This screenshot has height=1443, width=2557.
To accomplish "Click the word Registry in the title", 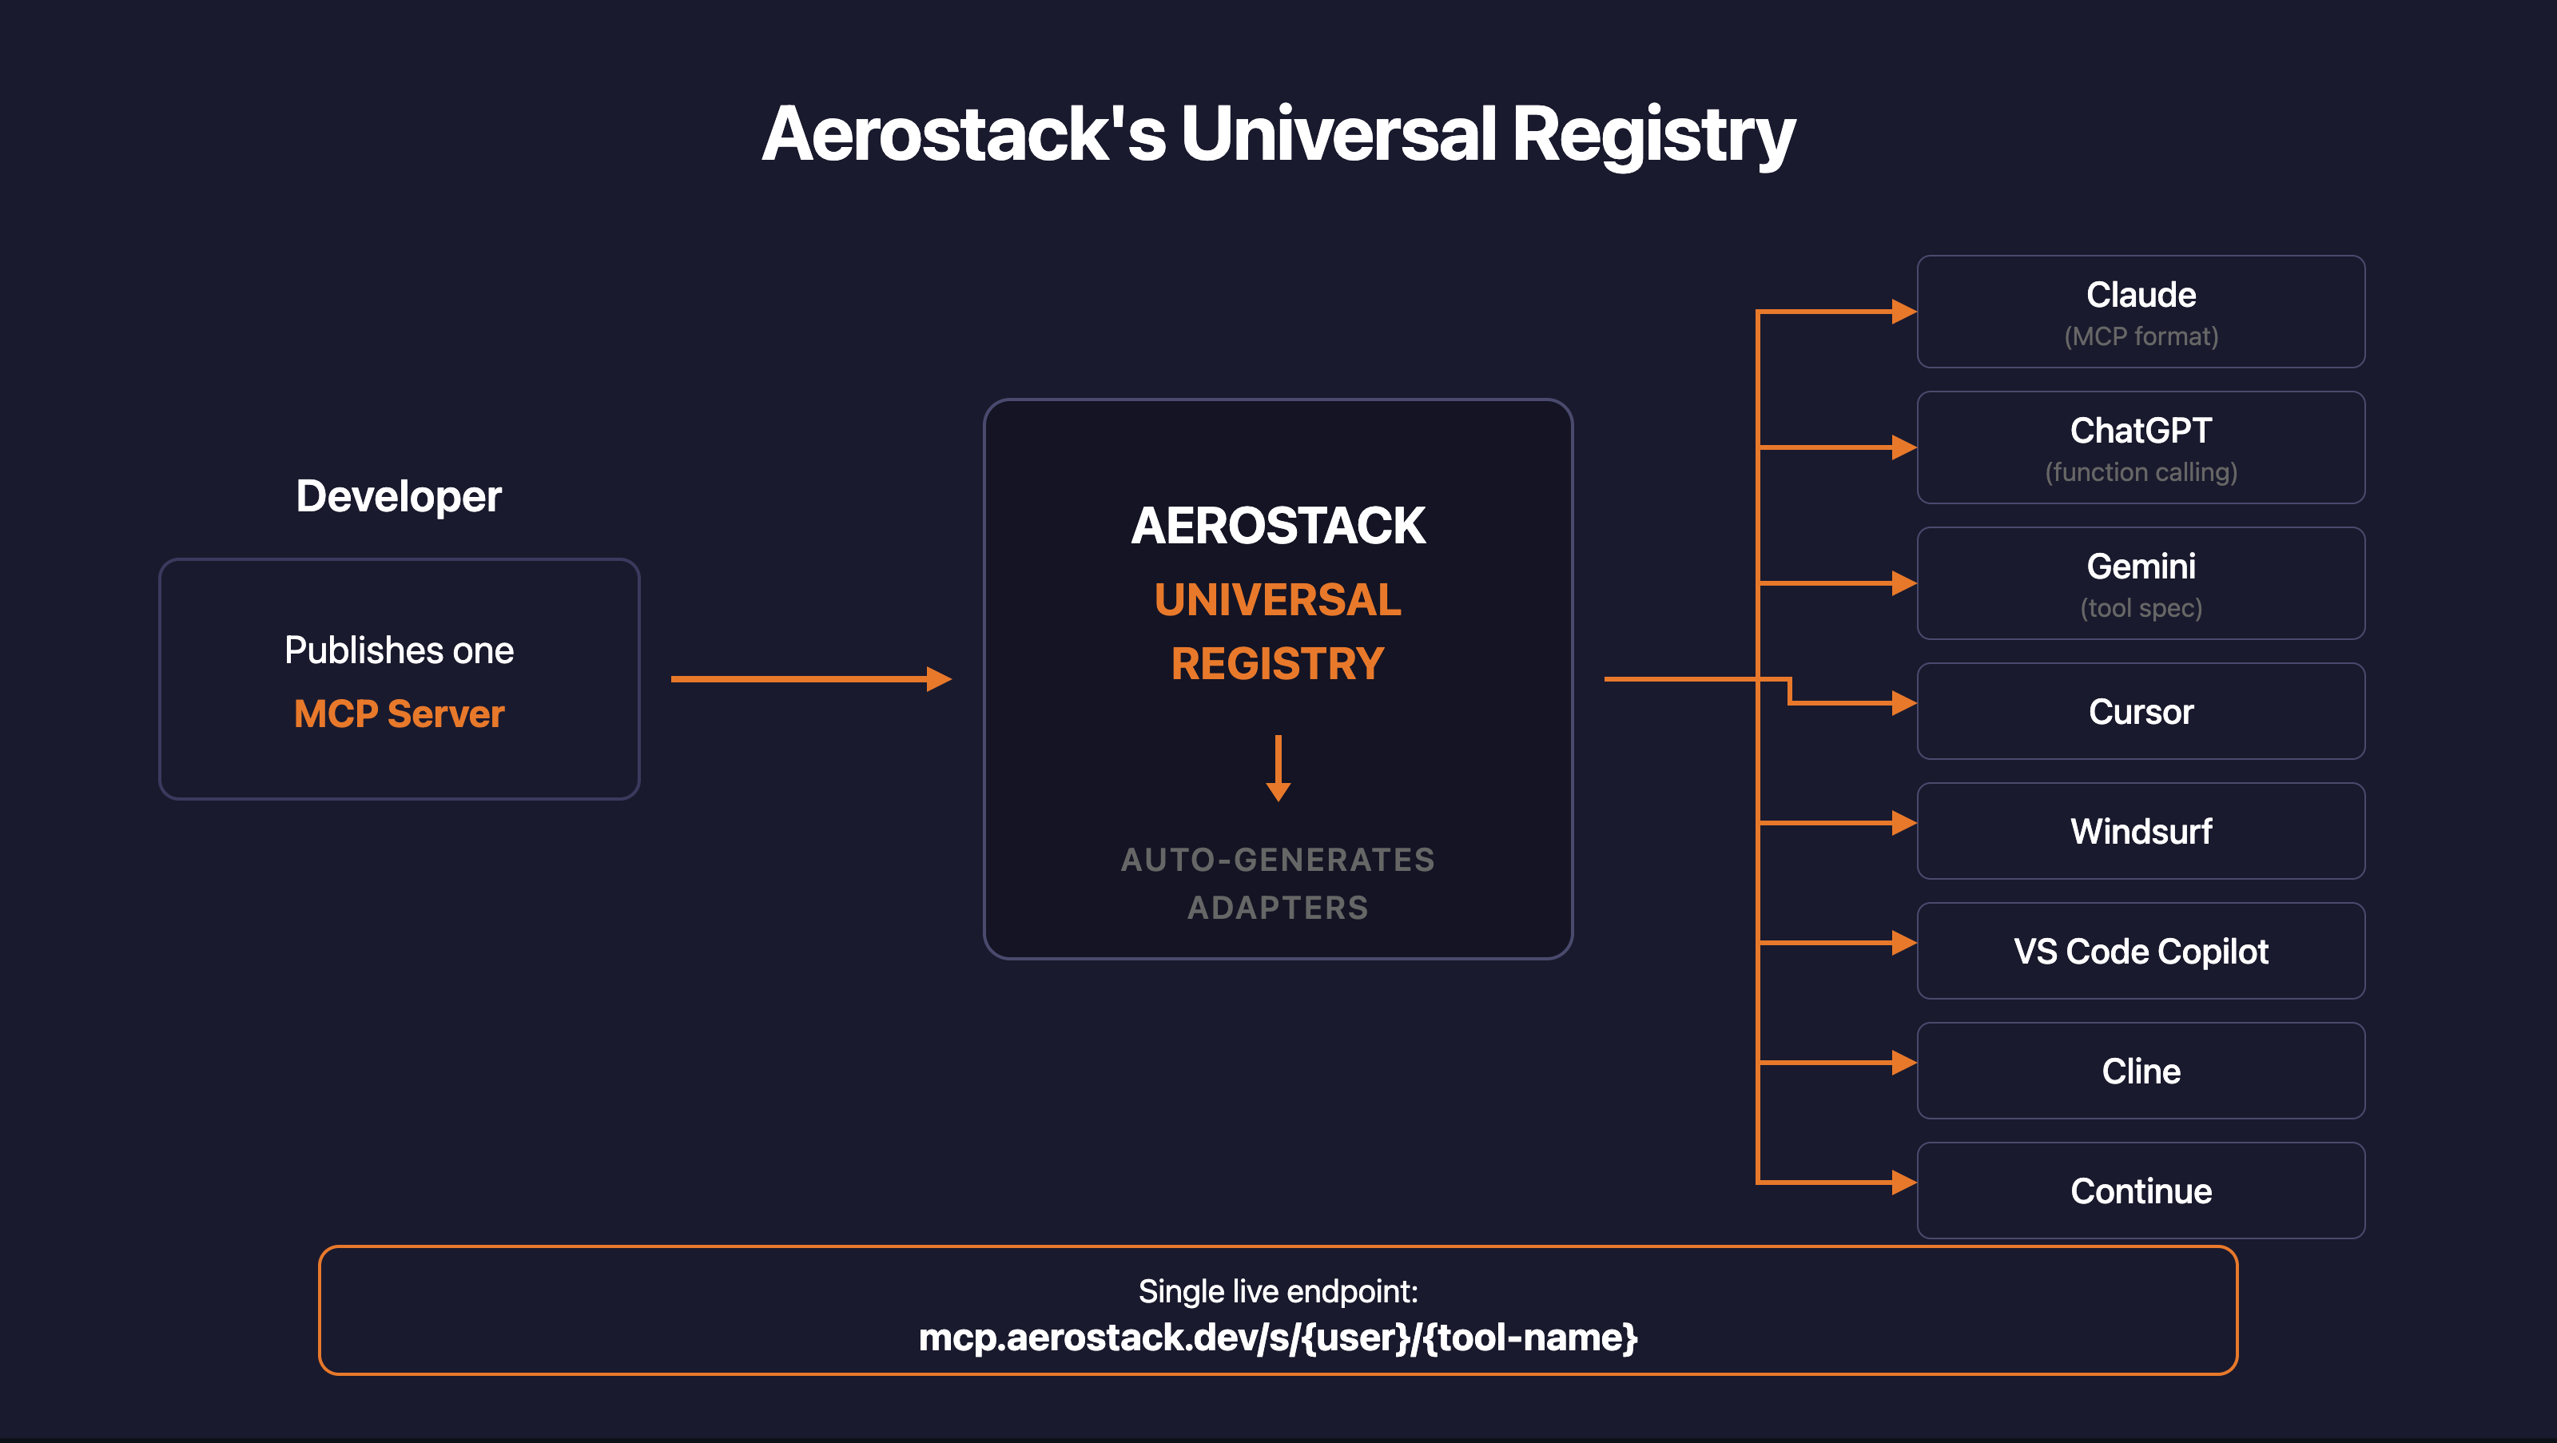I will pos(1652,136).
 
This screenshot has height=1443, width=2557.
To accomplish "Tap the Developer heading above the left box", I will pos(398,496).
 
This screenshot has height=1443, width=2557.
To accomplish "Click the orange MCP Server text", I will pos(398,714).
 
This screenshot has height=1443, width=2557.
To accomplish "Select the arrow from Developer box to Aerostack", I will pos(810,679).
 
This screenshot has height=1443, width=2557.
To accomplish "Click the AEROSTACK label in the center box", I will pos(1278,525).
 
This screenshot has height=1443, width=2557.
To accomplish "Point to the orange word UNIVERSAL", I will pos(1278,599).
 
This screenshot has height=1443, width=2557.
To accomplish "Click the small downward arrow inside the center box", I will pos(1278,769).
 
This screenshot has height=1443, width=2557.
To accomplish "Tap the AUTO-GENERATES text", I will pos(1278,860).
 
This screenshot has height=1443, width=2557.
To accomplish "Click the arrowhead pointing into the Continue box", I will pos(1903,1182).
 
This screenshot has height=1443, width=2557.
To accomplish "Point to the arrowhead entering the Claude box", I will pos(1903,312).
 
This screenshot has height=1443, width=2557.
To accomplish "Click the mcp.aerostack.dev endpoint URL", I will pos(1278,1338).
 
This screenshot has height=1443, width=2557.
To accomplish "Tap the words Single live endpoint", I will pos(1278,1291).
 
